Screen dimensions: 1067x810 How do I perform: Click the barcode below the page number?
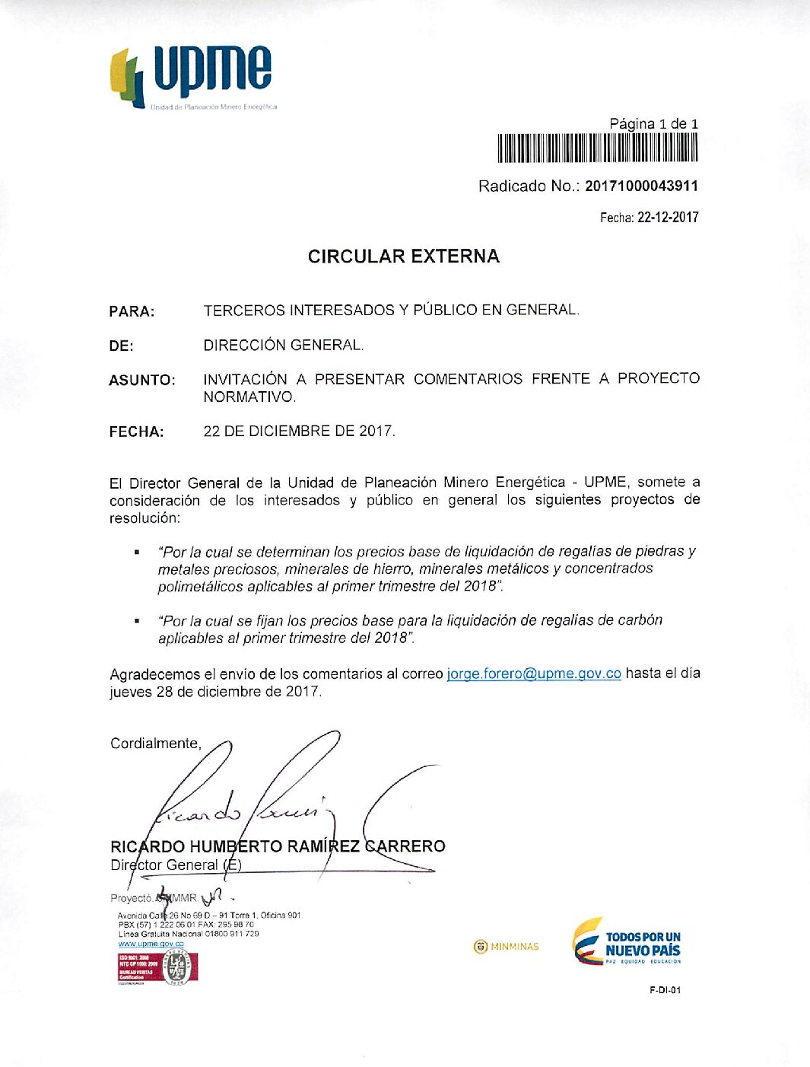tap(597, 148)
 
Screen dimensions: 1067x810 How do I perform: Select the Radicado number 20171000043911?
tap(641, 186)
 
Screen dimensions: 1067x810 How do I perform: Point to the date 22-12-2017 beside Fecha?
tap(668, 217)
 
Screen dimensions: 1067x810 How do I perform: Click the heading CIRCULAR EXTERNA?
tap(403, 256)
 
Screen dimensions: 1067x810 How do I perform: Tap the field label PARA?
tap(132, 311)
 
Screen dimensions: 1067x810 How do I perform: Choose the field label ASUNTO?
tap(142, 380)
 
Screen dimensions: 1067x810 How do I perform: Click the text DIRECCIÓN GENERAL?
tap(283, 346)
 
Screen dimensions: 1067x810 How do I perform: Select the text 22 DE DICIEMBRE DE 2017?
tap(299, 432)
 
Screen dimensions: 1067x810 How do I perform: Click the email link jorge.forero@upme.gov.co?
tap(534, 674)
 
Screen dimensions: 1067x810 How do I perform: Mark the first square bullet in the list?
tap(137, 552)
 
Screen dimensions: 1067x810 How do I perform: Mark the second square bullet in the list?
tap(137, 621)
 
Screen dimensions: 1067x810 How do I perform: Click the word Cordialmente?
tap(155, 744)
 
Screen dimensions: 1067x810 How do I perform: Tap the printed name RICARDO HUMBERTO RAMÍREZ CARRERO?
tap(278, 846)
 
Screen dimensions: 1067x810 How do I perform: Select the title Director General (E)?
tap(176, 865)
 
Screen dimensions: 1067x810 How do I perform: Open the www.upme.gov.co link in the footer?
tap(151, 944)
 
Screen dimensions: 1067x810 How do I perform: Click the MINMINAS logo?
tap(506, 947)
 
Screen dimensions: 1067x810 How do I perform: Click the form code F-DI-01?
tap(665, 990)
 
